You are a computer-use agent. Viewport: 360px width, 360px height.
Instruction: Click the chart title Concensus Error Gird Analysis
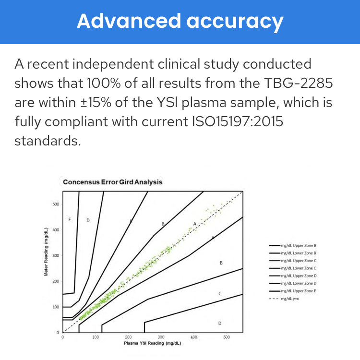[113, 182]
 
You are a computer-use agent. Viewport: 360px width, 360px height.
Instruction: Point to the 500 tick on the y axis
[56, 204]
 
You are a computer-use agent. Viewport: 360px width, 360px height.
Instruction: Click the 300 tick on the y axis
[56, 255]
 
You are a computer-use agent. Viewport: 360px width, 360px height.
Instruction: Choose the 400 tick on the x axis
[193, 337]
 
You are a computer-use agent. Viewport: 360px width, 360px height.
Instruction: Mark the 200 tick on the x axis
[128, 337]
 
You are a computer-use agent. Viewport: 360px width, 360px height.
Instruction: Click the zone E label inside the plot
[70, 219]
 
